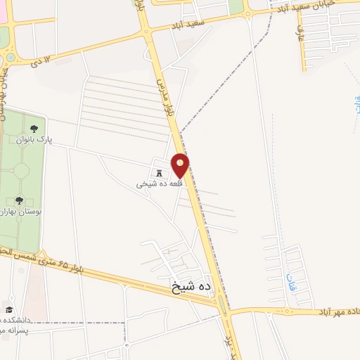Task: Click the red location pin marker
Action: coord(180,166)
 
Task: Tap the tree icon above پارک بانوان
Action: coord(34,128)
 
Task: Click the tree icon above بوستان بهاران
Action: coord(19,181)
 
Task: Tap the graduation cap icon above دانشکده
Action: coord(8,309)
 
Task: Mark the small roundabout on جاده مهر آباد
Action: coord(287,310)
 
